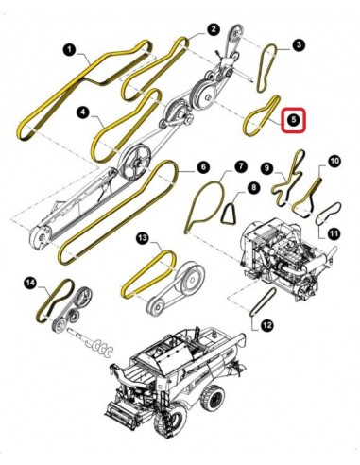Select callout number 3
(x=298, y=44)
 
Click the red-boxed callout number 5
(x=293, y=121)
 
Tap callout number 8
(x=253, y=190)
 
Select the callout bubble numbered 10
(x=334, y=162)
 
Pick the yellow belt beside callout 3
(x=270, y=66)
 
